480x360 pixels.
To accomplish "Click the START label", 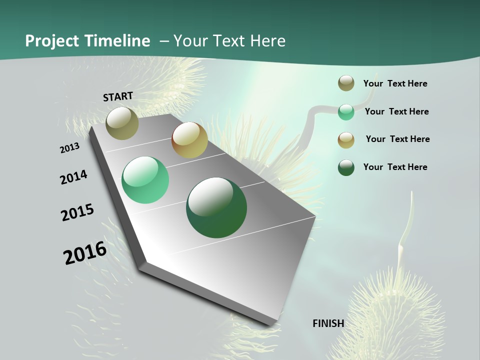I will tap(118, 96).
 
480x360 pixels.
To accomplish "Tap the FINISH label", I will tap(328, 323).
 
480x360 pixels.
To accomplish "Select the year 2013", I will tap(70, 148).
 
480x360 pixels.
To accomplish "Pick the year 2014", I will tap(74, 177).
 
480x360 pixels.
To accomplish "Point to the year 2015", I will tap(77, 212).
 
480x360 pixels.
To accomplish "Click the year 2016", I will tap(85, 253).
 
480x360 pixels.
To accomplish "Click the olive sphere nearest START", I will tap(122, 123).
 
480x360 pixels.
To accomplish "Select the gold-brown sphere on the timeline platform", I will tap(189, 140).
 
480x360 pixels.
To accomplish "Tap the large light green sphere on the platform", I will tap(145, 180).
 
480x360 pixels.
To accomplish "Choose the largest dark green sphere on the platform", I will tap(216, 207).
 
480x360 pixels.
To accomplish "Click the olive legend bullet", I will tap(346, 83).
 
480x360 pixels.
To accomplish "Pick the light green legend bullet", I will tap(346, 112).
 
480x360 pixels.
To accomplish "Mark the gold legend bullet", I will tap(346, 139).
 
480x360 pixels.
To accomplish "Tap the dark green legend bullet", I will tap(346, 167).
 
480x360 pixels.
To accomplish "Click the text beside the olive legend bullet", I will tap(395, 83).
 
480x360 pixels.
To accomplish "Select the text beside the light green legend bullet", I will tap(396, 111).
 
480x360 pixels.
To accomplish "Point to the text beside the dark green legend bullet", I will tap(395, 167).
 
